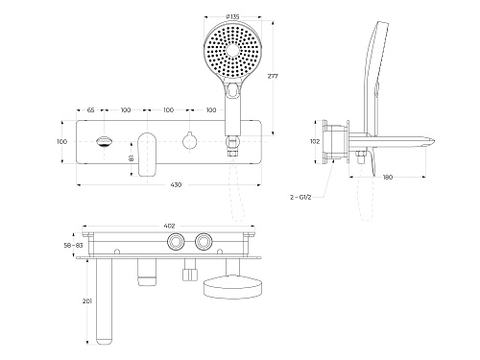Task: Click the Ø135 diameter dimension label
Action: pos(232,16)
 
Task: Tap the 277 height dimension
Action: pos(273,76)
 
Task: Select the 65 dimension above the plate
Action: pos(90,110)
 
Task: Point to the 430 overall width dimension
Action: pos(176,184)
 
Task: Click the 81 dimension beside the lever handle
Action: pos(132,158)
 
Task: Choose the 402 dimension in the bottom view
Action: pos(169,226)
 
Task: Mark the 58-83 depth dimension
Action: pos(73,246)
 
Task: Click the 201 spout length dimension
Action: pos(87,301)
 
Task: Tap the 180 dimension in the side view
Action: pos(388,177)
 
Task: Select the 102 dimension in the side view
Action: pos(315,141)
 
